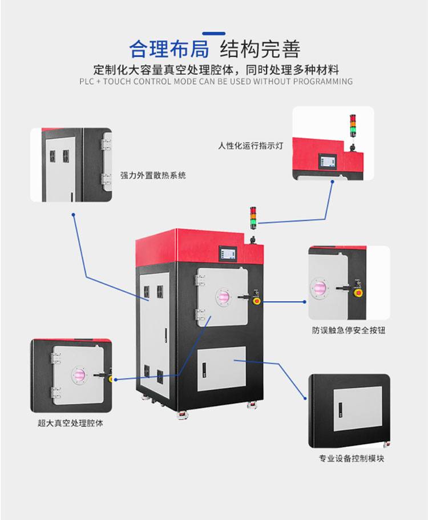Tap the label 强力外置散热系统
(153, 175)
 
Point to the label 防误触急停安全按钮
(348, 330)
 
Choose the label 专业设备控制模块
(351, 458)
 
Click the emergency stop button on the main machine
(256, 301)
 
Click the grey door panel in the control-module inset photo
(357, 409)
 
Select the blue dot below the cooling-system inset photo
(74, 215)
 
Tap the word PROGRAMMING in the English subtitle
(325, 81)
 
